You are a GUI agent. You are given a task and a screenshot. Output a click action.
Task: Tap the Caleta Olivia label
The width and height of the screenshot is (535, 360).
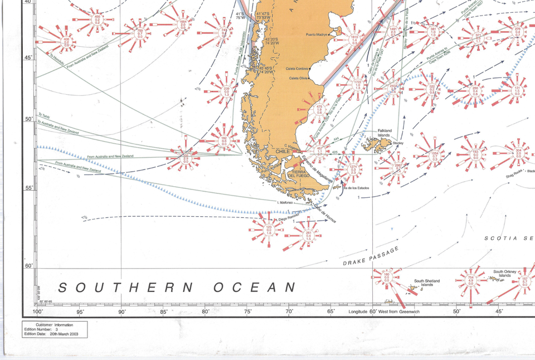pos(298,79)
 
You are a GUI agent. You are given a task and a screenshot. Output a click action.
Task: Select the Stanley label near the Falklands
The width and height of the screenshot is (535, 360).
pos(398,143)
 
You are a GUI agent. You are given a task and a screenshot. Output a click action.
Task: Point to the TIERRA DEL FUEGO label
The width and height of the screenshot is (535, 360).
pos(299,174)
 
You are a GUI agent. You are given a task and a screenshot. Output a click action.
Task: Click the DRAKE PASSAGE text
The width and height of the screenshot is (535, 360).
pos(371,256)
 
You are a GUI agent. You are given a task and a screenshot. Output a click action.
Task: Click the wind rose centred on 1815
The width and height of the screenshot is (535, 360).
pos(354,39)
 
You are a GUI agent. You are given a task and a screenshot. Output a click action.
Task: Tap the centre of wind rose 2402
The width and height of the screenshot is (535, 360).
pos(394,88)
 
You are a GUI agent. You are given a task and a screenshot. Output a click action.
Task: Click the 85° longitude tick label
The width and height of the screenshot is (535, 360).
pos(164,312)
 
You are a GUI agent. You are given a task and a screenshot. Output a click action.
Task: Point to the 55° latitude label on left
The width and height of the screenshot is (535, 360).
pos(28,188)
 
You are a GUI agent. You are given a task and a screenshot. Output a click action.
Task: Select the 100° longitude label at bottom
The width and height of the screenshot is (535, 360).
pos(38,312)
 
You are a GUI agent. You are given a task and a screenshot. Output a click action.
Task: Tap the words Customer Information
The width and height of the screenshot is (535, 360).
pos(54,325)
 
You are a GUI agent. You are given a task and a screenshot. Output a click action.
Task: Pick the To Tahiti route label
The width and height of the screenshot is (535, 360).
pos(43,115)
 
